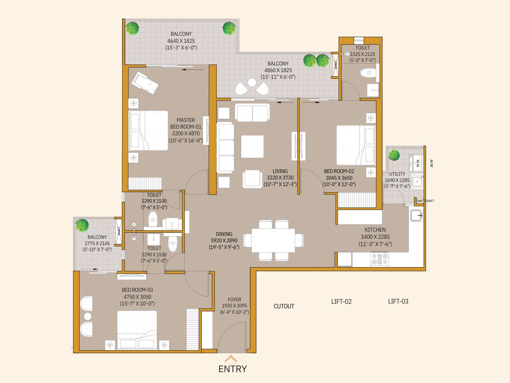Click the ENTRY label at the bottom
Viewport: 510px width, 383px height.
coord(232,369)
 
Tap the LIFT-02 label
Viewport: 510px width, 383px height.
coord(341,302)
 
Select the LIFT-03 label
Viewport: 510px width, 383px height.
coord(398,301)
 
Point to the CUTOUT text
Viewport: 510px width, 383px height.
coord(284,306)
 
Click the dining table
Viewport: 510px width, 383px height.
coord(273,240)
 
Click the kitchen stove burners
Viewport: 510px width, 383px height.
coord(379,259)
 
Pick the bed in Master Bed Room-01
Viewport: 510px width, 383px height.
coord(149,130)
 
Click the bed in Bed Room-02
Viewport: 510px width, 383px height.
coord(356,145)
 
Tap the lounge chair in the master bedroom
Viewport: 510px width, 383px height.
coord(145,83)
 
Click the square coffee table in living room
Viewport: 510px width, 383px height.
coord(252,146)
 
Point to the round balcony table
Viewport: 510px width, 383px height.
coord(252,83)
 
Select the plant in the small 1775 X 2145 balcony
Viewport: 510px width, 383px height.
coord(82,225)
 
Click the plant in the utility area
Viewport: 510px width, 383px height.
coord(394,155)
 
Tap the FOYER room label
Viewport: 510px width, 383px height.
coord(234,300)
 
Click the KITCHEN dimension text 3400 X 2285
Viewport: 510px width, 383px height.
coord(375,237)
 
